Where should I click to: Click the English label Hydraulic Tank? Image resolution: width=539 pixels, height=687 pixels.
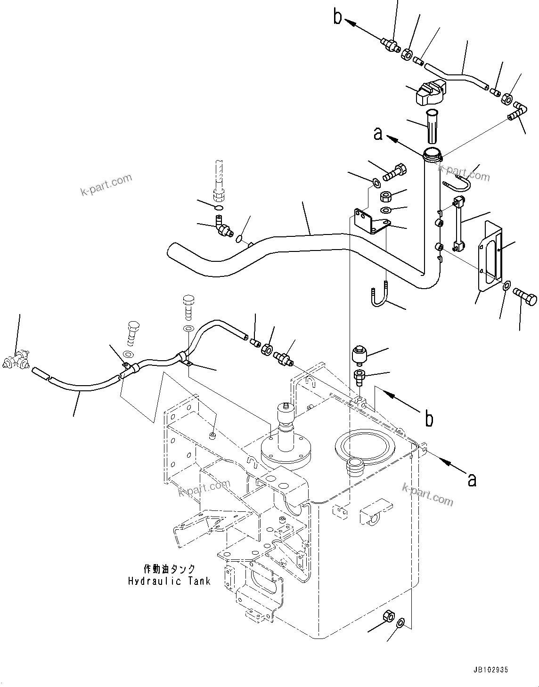click(x=169, y=581)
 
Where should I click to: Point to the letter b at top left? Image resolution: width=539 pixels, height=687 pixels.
click(x=337, y=17)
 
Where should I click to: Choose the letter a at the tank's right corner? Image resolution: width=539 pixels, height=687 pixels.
click(x=472, y=479)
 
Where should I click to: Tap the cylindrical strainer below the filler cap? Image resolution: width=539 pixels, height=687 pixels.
click(x=432, y=126)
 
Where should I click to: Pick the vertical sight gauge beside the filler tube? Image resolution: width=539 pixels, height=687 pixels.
click(x=457, y=223)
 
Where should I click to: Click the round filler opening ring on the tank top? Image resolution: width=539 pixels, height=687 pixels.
click(x=362, y=445)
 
